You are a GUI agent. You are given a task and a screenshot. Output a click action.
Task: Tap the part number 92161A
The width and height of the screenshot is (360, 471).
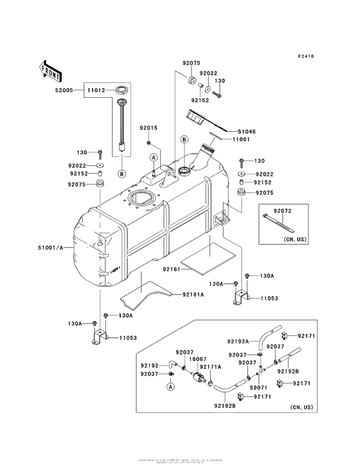pos(192,295)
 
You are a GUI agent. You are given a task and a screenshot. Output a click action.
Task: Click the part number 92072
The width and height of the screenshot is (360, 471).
pos(283,210)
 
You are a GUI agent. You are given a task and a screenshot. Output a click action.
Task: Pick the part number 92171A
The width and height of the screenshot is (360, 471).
pos(211,367)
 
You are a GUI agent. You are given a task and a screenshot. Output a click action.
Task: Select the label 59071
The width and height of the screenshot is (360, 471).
pos(257,388)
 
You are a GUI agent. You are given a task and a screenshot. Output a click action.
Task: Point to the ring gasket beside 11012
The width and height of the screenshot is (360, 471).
pos(120,89)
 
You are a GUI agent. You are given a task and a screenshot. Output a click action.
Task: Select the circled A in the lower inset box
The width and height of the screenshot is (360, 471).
pos(171,387)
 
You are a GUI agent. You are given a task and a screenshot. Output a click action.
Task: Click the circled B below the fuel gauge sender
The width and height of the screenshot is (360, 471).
pos(121,173)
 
